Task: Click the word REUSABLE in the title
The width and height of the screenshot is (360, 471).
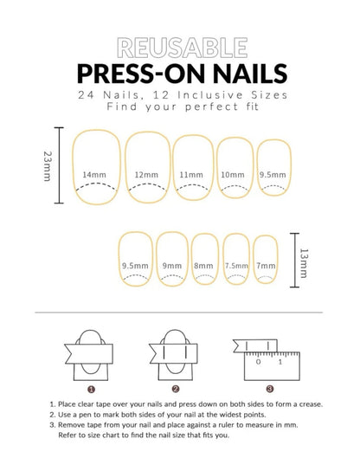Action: [183, 48]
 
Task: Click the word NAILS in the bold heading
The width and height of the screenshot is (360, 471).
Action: [250, 74]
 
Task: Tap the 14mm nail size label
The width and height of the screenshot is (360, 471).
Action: [94, 175]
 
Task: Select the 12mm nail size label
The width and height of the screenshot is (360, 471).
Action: [146, 175]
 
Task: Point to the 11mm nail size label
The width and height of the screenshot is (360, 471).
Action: [191, 175]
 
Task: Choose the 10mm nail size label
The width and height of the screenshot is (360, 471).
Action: [233, 175]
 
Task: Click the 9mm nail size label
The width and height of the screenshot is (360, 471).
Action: [172, 266]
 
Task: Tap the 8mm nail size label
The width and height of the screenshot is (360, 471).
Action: [203, 266]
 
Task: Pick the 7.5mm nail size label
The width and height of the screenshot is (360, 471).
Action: [236, 266]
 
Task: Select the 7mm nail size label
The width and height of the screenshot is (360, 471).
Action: [266, 266]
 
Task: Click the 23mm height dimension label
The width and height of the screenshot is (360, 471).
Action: [48, 166]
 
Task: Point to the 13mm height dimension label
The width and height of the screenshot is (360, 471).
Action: [304, 263]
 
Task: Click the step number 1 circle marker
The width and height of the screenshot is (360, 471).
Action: [91, 390]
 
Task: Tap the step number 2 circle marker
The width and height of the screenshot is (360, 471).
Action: [176, 389]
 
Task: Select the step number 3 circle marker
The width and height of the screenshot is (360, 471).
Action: [270, 389]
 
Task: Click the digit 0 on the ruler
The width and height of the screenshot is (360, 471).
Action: [258, 362]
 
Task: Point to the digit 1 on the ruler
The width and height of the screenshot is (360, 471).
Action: [280, 362]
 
